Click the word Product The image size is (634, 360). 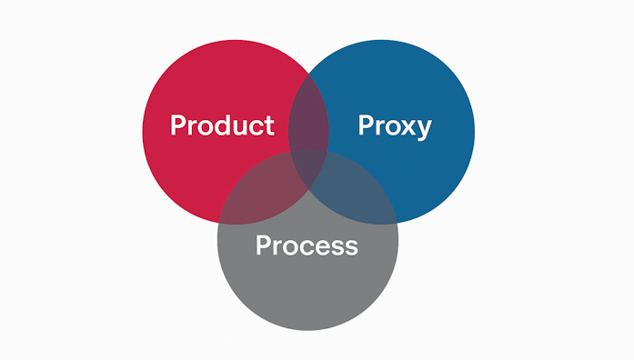[222, 125]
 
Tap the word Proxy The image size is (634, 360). [394, 125]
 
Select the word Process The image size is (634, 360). [307, 245]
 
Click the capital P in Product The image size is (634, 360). [178, 125]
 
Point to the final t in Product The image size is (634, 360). [268, 125]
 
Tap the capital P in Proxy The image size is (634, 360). [367, 125]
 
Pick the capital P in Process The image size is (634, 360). [263, 245]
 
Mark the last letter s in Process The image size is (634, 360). [350, 246]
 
